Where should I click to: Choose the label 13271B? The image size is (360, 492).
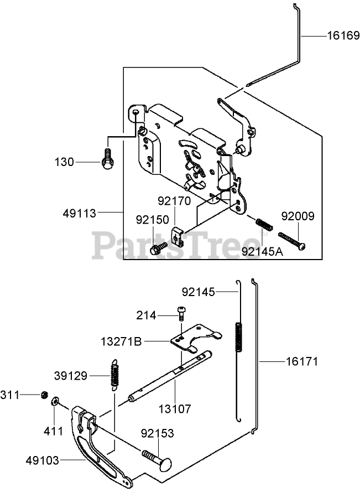[121, 341]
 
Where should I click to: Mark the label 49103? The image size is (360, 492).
[43, 459]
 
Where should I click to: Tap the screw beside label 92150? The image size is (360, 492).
[159, 247]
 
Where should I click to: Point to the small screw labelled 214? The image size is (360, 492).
[181, 313]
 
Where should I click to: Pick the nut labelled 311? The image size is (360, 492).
[43, 395]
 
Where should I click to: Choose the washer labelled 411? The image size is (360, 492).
[56, 401]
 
